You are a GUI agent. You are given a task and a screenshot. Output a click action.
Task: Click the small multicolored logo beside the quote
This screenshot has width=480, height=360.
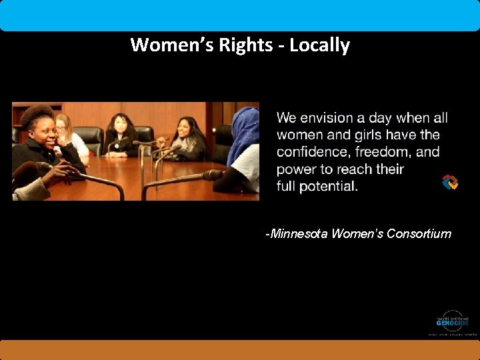click(450, 182)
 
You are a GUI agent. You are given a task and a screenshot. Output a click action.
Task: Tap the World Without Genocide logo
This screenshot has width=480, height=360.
click(452, 321)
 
